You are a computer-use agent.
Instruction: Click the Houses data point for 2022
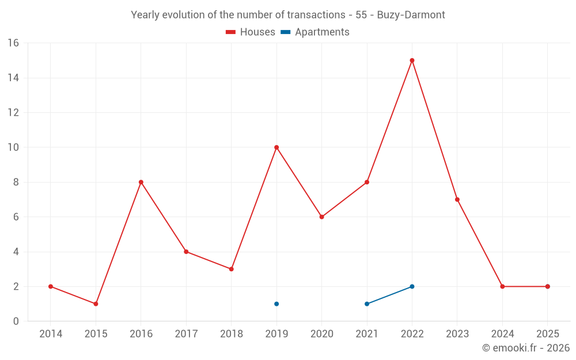(412, 60)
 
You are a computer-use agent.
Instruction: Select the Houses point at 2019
(276, 147)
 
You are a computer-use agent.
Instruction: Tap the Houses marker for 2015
(96, 304)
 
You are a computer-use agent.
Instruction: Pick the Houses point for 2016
(141, 182)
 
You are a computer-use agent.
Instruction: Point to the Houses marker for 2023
(457, 200)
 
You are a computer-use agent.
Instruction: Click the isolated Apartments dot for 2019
(276, 304)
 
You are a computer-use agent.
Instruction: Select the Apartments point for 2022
(412, 286)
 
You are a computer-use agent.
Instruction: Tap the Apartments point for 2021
(367, 304)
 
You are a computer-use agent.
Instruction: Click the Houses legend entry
(251, 32)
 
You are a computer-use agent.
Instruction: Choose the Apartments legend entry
(315, 32)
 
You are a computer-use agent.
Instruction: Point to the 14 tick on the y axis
(13, 78)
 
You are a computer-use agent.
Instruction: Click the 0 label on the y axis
(16, 321)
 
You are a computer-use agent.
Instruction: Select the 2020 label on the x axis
(322, 334)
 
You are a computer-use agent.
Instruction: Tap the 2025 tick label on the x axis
(548, 334)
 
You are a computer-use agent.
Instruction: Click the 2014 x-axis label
(51, 334)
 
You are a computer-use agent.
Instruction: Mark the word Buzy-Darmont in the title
(411, 15)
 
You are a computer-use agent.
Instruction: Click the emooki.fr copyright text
(526, 348)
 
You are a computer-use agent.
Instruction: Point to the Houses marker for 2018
(232, 269)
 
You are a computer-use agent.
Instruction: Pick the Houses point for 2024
(502, 286)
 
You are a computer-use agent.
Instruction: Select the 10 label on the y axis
(13, 147)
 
